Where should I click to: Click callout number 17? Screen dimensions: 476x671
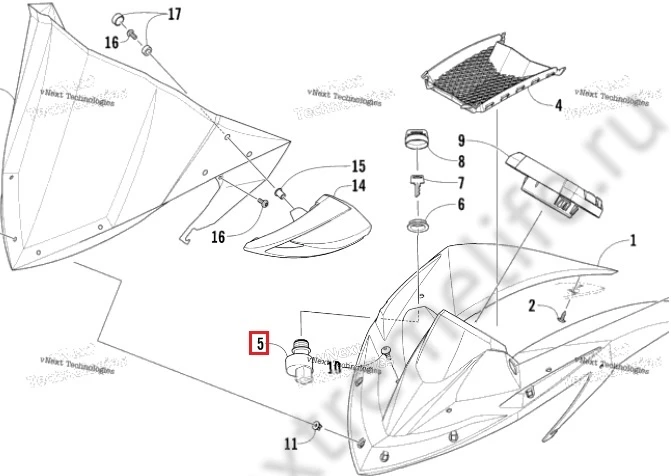[174, 14]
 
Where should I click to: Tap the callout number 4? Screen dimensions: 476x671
[558, 104]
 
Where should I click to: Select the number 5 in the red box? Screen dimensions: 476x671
[258, 345]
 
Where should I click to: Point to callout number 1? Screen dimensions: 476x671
[632, 241]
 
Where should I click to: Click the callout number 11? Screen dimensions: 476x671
[290, 443]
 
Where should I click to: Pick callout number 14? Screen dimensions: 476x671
[358, 186]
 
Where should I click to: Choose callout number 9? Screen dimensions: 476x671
[462, 140]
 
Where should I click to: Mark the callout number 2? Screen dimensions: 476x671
[534, 305]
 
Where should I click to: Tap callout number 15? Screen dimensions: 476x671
[358, 166]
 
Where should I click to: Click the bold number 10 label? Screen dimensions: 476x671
[334, 367]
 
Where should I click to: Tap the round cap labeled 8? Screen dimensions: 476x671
[415, 140]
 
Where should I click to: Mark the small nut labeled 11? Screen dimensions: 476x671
[317, 427]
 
